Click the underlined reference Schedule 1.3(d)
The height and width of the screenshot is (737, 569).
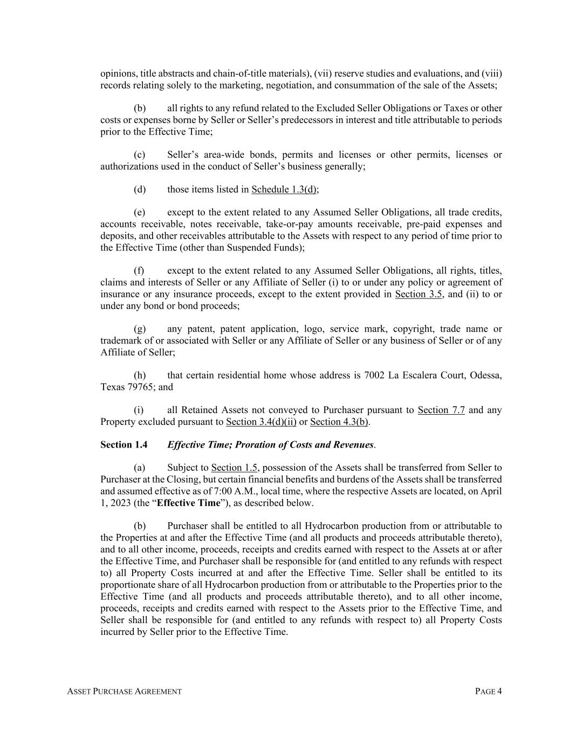point(284,190)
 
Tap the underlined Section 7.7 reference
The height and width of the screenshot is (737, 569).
point(441,410)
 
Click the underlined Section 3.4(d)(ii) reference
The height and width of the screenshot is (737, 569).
point(261,422)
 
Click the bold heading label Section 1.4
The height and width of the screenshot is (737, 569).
point(124,445)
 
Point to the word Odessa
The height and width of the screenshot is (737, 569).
point(486,375)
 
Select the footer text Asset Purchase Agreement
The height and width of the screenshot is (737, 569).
point(124,692)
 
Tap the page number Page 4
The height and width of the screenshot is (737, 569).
point(488,692)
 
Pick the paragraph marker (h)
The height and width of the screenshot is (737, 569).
point(140,375)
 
